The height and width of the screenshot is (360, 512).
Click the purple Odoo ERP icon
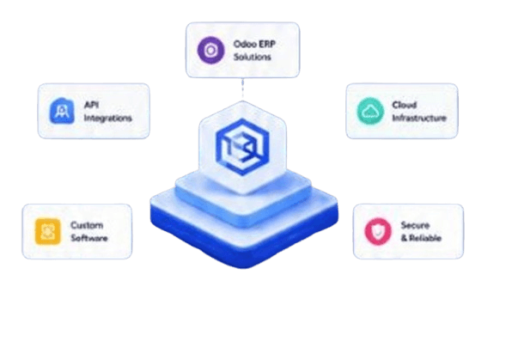coord(211,50)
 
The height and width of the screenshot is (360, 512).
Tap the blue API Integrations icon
coord(62,111)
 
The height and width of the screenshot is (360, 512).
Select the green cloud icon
coord(370,111)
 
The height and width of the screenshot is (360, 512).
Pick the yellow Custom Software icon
coord(47,231)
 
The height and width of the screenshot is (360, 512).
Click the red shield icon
coord(378,231)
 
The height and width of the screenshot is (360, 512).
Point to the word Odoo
coord(245,44)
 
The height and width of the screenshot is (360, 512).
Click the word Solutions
coord(252,57)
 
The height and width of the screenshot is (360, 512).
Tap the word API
coord(91,105)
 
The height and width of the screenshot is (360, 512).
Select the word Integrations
coord(107,118)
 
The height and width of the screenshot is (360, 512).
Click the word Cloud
coord(405,105)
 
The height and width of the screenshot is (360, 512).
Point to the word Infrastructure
coord(419,118)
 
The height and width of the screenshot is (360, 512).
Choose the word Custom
coord(87,225)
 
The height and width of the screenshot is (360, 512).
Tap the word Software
coord(89,238)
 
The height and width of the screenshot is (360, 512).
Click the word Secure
coord(415,225)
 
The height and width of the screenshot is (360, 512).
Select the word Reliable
coord(425,238)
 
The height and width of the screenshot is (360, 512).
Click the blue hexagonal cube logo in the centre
coord(242,147)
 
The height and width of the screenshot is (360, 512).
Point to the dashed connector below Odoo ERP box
coord(242,88)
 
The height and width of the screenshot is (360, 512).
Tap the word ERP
coord(267,44)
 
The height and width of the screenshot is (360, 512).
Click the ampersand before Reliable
coord(405,238)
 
